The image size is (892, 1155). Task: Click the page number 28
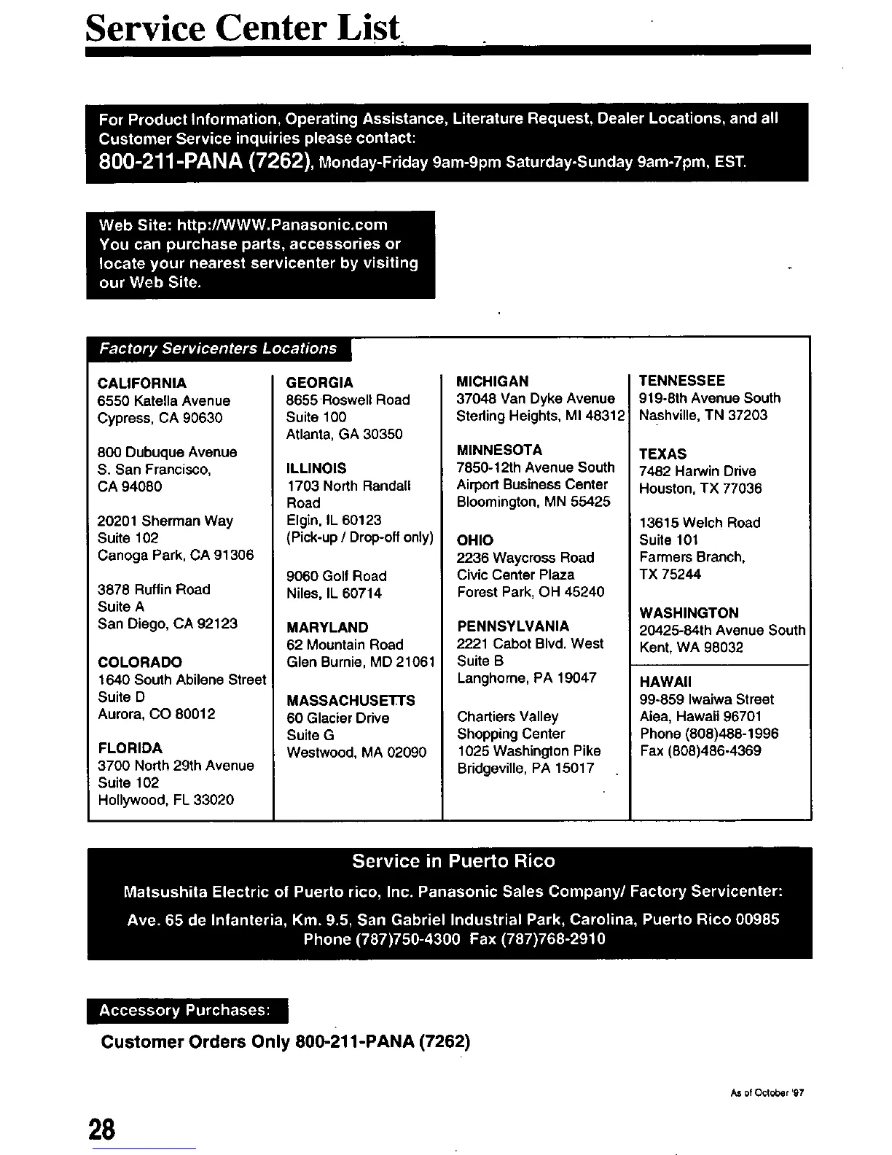point(102,1129)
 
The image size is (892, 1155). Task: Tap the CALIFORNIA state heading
point(142,383)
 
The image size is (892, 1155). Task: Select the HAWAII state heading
point(665,682)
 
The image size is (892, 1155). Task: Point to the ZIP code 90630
point(203,418)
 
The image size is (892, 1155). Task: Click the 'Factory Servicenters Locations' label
point(218,349)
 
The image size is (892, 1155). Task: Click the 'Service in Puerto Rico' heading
point(453,861)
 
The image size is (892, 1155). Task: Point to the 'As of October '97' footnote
point(766,1092)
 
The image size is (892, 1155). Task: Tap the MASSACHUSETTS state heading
point(351,700)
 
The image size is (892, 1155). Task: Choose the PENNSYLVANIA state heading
point(513,626)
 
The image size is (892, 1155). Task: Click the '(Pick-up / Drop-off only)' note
point(360,537)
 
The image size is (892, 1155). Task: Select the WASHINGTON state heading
point(689,612)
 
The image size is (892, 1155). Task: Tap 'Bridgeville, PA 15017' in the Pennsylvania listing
point(525,768)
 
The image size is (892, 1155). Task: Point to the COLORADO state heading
point(140,662)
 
